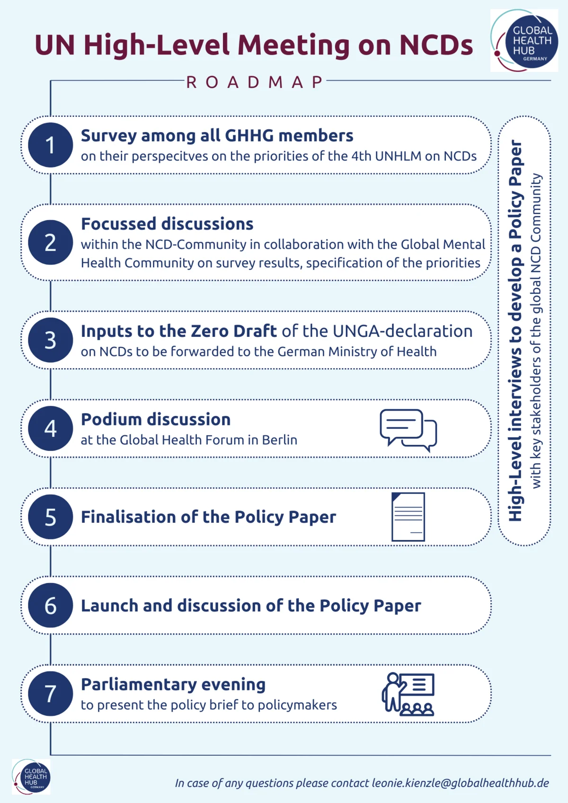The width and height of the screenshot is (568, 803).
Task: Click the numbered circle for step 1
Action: coord(50,145)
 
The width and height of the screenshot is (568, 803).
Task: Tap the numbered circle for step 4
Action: coord(50,428)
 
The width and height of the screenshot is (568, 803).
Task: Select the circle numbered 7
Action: coord(50,694)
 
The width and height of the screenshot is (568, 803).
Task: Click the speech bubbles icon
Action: coord(408,430)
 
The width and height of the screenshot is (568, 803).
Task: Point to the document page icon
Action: coord(408,517)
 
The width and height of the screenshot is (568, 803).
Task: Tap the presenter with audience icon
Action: coord(408,694)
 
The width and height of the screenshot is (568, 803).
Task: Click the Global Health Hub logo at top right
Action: coord(524,41)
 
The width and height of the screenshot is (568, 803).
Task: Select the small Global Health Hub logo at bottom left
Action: coord(31,777)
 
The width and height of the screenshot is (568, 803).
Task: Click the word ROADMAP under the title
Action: coord(255,82)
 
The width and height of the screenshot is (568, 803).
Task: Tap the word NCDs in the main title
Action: coord(436,45)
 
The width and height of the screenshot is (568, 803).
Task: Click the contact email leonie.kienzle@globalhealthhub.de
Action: coord(460,783)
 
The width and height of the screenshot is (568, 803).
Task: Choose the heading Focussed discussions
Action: coord(167,224)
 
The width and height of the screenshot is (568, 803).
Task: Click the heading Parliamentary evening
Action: coord(173,684)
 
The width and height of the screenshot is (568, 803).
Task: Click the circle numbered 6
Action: coord(50,605)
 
